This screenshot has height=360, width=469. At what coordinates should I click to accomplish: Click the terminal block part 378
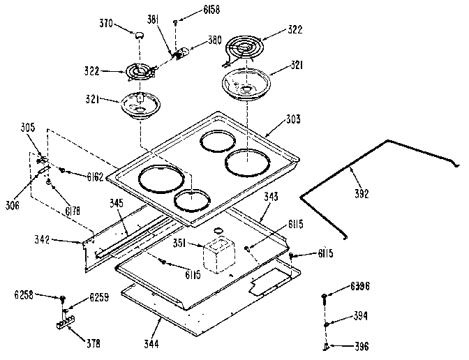[x=65, y=324]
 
